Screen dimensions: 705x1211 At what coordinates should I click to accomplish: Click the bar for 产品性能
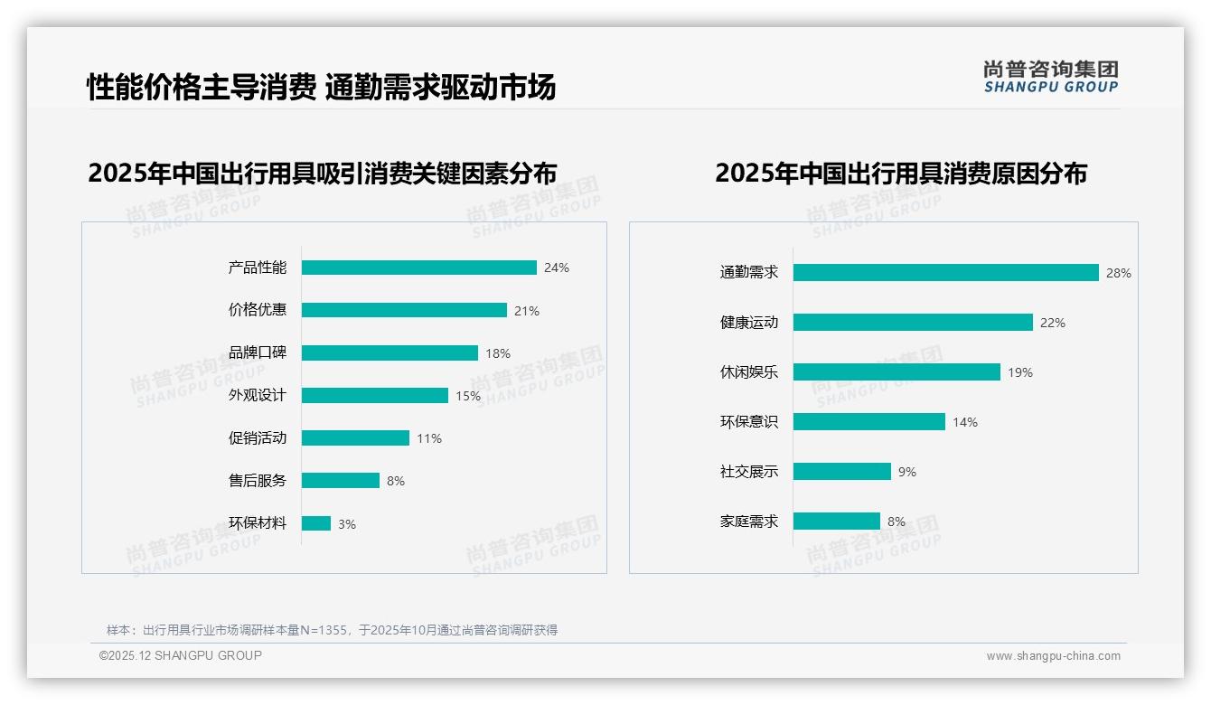[419, 268]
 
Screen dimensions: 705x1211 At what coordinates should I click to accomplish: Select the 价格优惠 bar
[404, 310]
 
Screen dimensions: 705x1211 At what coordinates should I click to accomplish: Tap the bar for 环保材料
[316, 523]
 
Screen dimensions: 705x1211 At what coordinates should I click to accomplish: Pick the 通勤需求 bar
[946, 273]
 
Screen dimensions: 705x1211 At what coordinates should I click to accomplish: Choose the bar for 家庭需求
[837, 522]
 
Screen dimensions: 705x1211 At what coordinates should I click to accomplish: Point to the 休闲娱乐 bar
[897, 372]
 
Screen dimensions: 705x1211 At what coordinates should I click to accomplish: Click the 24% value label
[557, 268]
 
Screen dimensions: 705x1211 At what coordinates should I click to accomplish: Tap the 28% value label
[1119, 273]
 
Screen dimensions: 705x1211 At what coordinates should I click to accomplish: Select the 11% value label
[429, 438]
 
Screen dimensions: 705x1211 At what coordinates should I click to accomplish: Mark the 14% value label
[965, 422]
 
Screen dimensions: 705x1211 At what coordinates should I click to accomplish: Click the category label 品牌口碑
[258, 352]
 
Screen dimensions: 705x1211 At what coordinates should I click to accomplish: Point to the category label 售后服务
[258, 481]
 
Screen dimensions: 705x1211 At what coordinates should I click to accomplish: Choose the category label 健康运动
[749, 323]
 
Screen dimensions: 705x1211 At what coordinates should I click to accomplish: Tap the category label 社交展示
[749, 472]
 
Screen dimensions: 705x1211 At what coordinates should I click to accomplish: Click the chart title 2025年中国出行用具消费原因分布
[901, 174]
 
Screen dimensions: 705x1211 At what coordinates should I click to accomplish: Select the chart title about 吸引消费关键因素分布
[323, 174]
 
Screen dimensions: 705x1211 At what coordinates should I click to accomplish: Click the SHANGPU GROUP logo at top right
[1051, 77]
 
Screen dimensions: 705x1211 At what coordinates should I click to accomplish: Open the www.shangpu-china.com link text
[1053, 656]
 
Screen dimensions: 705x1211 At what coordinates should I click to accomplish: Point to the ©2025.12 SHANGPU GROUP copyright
[181, 655]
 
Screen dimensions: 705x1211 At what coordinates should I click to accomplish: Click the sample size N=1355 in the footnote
[324, 630]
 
